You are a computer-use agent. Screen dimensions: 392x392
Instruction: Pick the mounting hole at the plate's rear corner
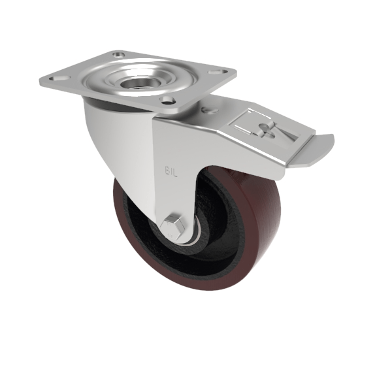[118, 55]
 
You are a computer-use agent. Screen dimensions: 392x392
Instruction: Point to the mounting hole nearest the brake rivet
[169, 100]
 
